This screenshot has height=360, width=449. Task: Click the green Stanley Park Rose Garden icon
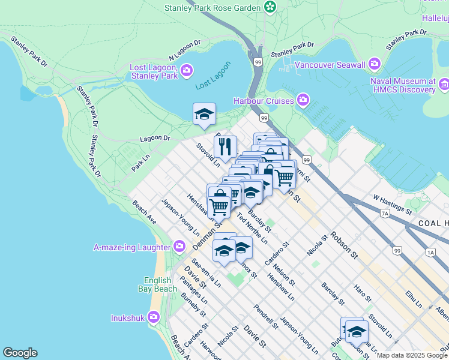click(271, 7)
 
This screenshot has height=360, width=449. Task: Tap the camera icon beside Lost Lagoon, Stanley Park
click(187, 71)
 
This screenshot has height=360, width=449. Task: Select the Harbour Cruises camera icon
click(303, 100)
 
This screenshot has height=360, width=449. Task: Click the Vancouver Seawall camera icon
click(375, 64)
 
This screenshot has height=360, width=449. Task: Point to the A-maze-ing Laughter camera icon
click(179, 247)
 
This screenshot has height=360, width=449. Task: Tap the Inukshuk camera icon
click(154, 317)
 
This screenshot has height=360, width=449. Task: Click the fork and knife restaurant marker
click(225, 146)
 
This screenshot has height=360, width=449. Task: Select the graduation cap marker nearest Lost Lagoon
click(204, 114)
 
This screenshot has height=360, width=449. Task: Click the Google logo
click(20, 353)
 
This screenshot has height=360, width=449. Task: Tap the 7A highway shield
click(385, 212)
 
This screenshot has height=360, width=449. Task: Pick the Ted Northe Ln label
click(252, 229)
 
